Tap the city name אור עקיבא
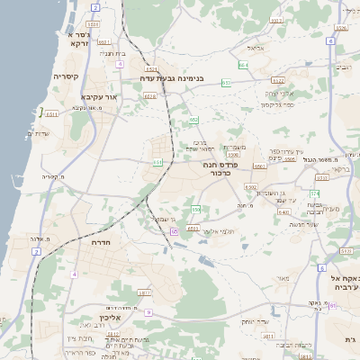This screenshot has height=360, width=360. pyautogui.click(x=99, y=97)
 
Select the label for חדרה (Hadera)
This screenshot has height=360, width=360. pyautogui.click(x=100, y=242)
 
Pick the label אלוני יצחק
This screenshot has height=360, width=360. pyautogui.click(x=279, y=93)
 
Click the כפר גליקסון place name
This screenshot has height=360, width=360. pyautogui.click(x=278, y=105)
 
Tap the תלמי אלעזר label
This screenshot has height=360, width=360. pyautogui.click(x=217, y=231)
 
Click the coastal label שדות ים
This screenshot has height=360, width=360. pyautogui.click(x=39, y=133)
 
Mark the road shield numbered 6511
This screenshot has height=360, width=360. pyautogui.click(x=50, y=114)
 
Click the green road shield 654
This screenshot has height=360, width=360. pyautogui.click(x=243, y=65)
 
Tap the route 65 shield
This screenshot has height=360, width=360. pyautogui.click(x=174, y=230)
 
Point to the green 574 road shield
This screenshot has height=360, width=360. pyautogui.click(x=315, y=193)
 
